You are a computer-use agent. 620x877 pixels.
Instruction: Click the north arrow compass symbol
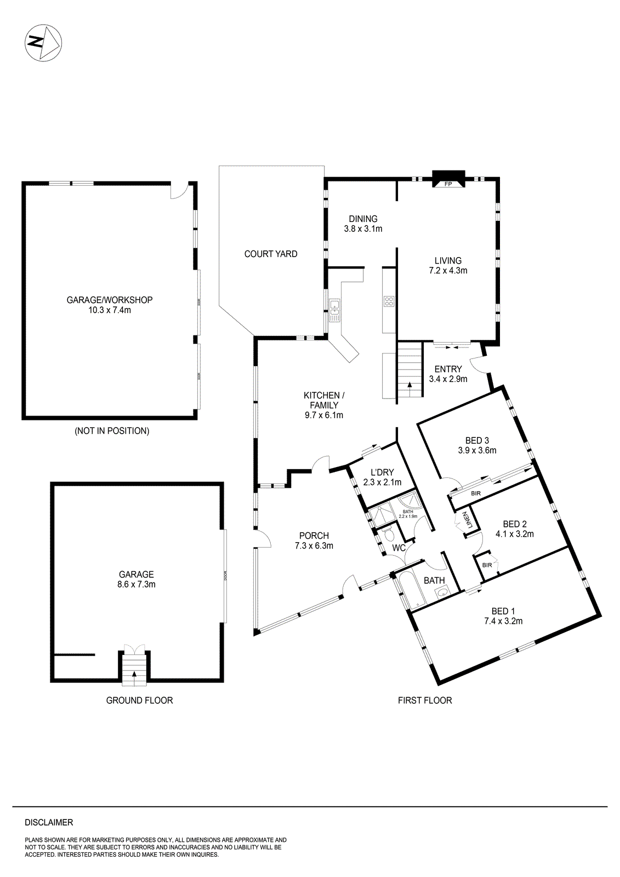pos(43,43)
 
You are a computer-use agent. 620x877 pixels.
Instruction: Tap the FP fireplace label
pos(448,184)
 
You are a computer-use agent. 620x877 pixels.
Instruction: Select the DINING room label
pos(363,219)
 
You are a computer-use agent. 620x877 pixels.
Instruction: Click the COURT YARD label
pos(271,254)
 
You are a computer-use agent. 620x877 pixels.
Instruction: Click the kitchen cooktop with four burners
pos(389,301)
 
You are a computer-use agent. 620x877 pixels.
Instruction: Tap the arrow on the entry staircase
pos(409,385)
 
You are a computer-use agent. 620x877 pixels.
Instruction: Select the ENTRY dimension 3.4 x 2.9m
pos(448,379)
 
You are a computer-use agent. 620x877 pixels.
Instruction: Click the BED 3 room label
pos(477,440)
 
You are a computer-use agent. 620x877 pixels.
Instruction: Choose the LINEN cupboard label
pos(468,520)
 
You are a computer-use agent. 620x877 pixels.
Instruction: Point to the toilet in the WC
pos(388,533)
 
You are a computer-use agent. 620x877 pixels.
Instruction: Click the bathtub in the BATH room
pos(409,591)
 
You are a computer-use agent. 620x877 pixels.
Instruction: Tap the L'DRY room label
pos(382,472)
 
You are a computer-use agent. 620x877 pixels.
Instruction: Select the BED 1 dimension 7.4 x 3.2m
pos(503,621)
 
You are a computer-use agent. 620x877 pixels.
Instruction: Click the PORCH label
pos(314,536)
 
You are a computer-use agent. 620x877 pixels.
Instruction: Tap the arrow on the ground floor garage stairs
pos(134,675)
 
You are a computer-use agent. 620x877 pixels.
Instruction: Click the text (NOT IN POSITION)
pos(112,431)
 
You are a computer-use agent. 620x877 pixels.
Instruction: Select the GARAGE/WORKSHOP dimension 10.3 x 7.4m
pos(110,310)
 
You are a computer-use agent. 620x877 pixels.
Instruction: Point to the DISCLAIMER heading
pos(49,822)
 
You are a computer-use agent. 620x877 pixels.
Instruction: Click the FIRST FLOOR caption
pos(425,700)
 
